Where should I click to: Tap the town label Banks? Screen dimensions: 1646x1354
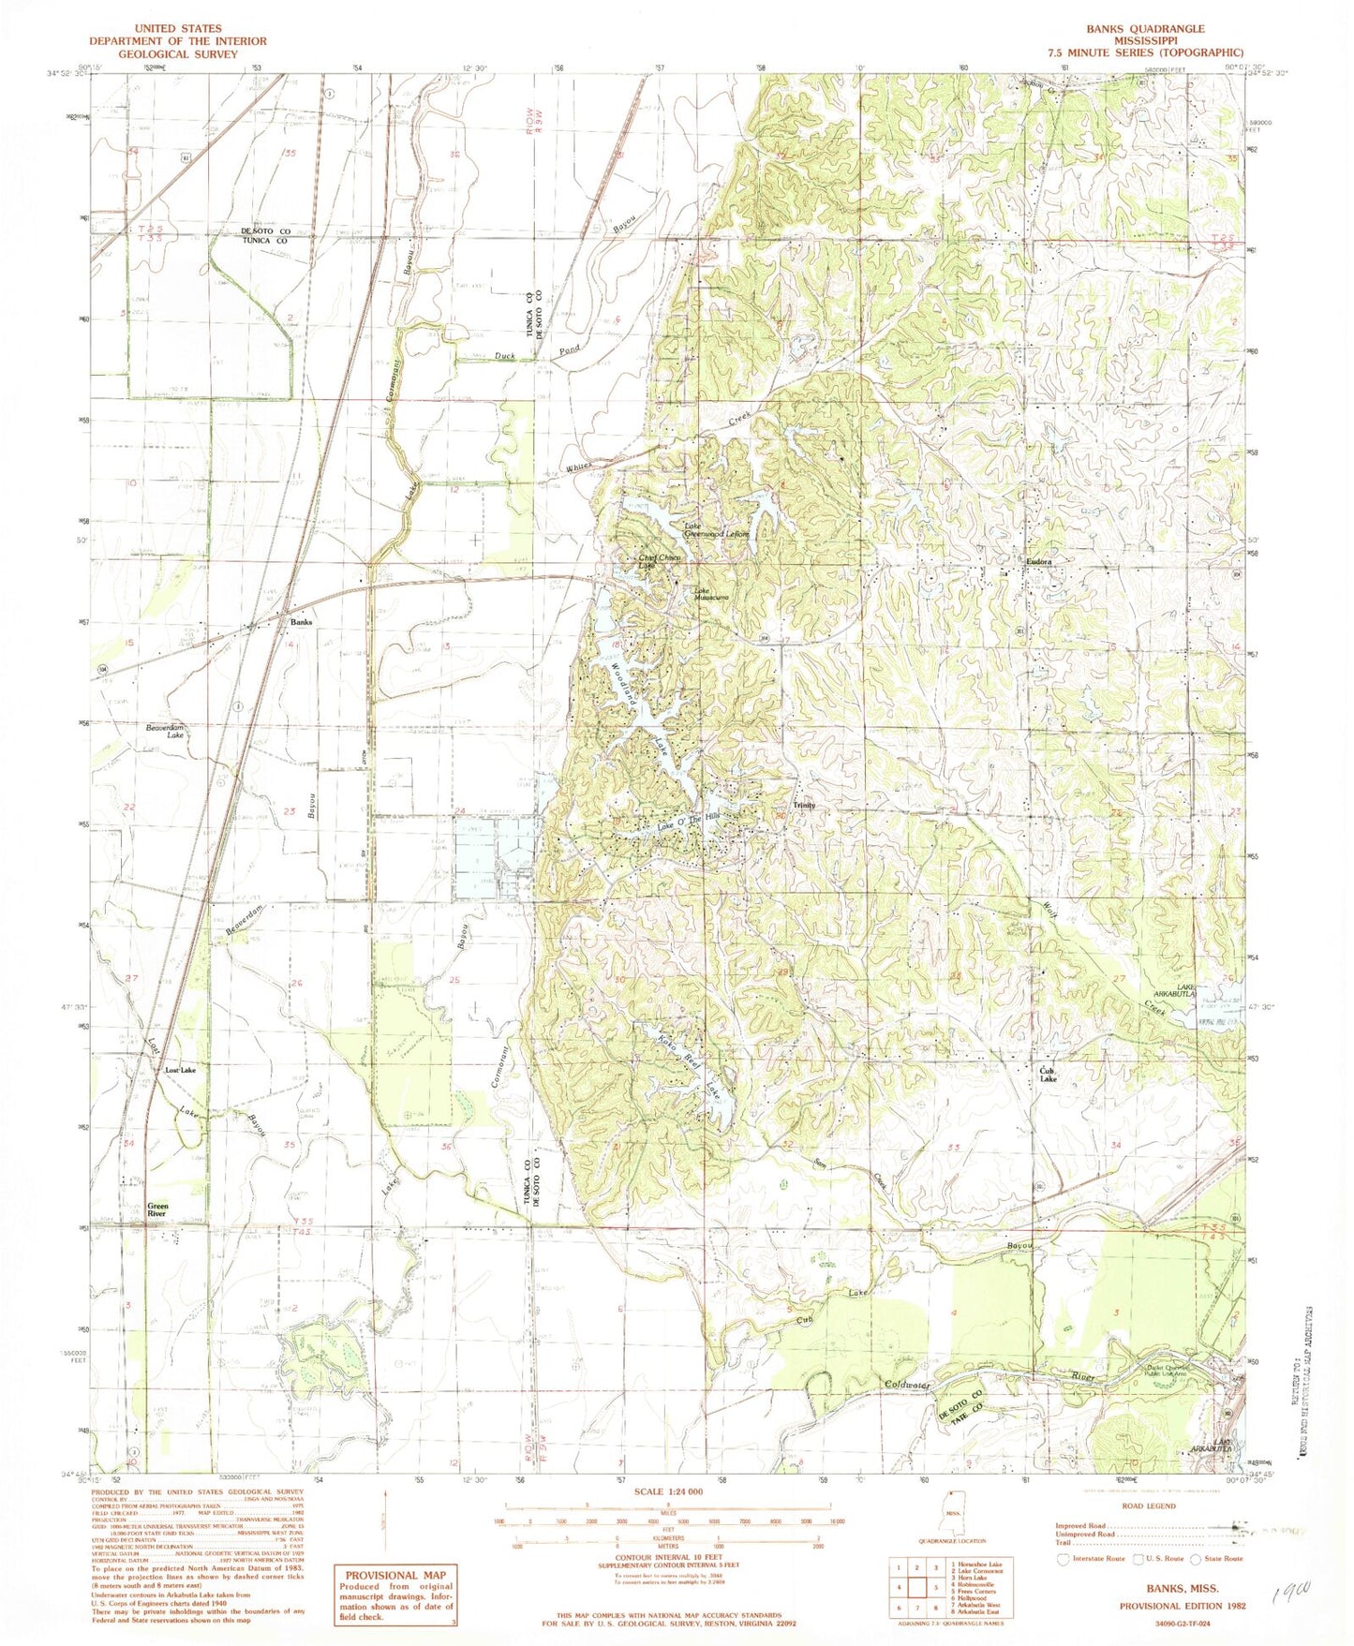300,622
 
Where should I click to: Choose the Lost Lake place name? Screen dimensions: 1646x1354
180,1070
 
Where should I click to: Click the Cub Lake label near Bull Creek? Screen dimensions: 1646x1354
1048,1075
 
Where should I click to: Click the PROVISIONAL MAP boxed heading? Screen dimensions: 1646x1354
396,1575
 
